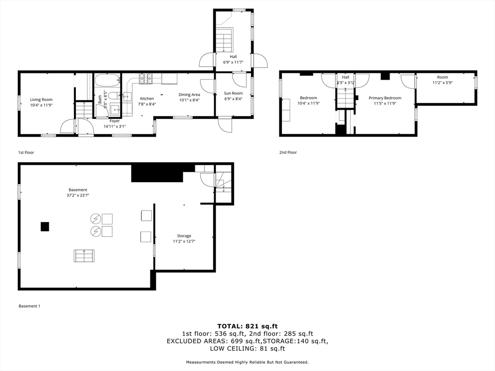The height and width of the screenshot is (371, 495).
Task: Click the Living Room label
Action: pos(41,100)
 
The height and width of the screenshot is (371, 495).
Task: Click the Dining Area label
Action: pos(189,95)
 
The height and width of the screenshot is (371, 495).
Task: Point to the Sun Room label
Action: pos(233,93)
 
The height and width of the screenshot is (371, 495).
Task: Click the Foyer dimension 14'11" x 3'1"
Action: pos(115,127)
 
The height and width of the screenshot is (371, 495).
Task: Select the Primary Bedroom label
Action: pos(385,98)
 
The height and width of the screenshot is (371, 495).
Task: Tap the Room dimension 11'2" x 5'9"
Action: pos(442,83)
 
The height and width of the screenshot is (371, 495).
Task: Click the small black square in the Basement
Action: pos(45,226)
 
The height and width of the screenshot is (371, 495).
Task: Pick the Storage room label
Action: pos(184,236)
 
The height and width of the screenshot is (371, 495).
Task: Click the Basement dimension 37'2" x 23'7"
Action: pos(78,195)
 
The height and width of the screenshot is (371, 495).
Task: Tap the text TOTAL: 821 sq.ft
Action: pos(247,326)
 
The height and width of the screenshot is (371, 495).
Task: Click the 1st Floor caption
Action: pos(26,152)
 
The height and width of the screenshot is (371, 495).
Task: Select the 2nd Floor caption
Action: pos(288,152)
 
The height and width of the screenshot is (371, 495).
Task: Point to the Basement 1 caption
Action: pos(29,306)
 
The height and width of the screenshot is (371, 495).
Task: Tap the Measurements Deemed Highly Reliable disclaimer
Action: pos(247,362)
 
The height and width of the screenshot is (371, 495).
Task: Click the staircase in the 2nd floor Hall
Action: pos(346,99)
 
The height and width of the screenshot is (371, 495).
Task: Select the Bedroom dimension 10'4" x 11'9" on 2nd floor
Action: pos(308,103)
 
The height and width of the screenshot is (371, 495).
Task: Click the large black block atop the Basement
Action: pos(157,173)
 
